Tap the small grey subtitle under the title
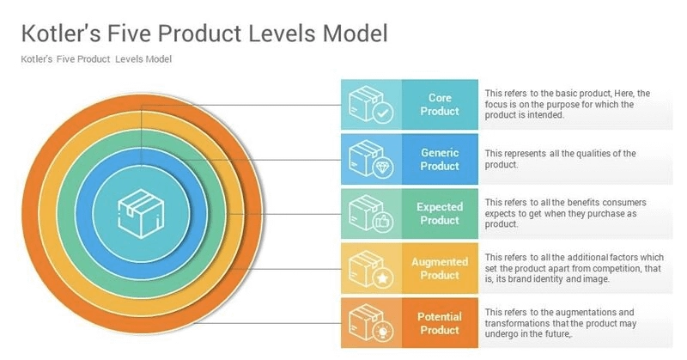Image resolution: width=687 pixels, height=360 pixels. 96,59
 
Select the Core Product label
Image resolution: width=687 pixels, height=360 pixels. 440,105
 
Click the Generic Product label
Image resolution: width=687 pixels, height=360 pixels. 440,159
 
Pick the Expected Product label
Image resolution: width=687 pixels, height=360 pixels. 440,213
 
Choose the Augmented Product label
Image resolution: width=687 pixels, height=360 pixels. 440,268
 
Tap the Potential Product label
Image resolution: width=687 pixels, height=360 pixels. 440,323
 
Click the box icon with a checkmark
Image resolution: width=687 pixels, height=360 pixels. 370,105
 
